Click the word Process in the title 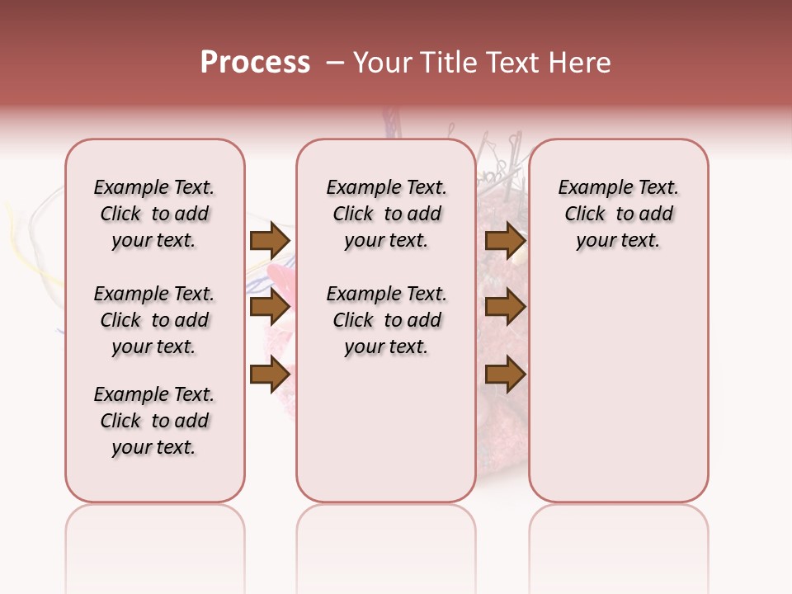255,63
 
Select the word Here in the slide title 579,63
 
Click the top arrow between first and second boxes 270,240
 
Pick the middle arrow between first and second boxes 270,308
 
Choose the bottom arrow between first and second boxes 270,375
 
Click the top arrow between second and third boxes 505,240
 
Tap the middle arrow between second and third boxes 505,308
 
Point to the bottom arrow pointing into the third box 505,375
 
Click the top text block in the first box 154,214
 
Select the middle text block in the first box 154,320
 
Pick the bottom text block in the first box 154,421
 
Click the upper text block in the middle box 386,214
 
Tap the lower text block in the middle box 386,320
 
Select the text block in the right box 619,214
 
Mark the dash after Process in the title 335,63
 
